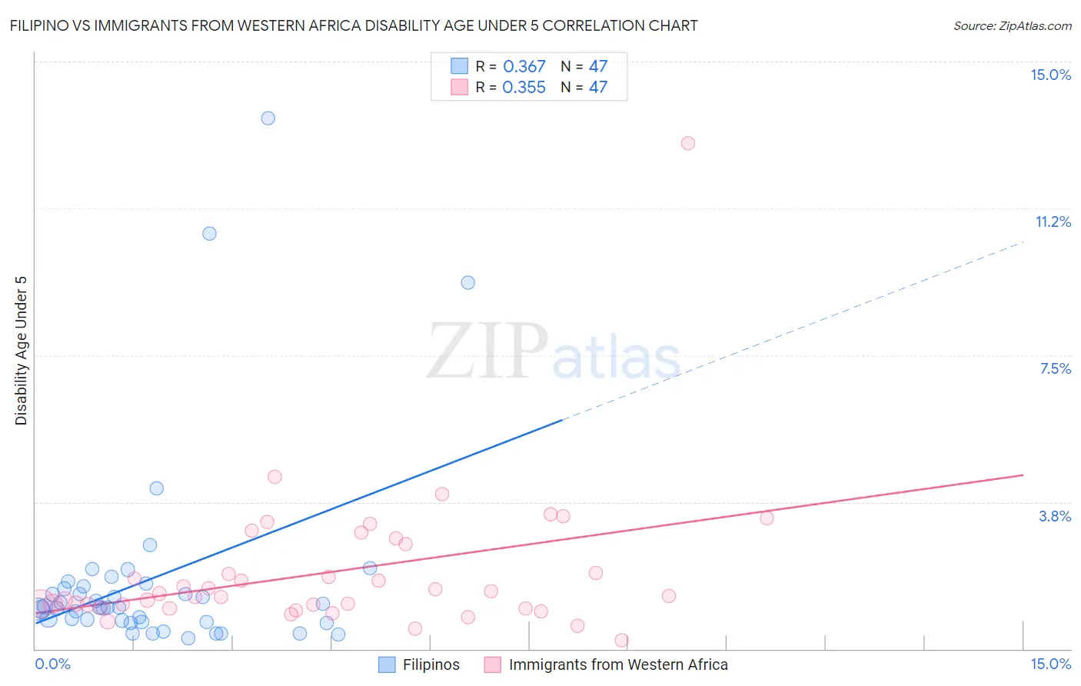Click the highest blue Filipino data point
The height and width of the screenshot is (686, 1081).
click(268, 118)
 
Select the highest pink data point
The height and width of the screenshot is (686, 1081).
click(688, 143)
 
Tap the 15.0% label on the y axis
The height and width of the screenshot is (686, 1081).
click(1050, 75)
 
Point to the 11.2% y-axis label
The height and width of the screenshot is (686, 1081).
click(1053, 221)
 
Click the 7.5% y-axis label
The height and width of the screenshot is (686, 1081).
click(1055, 368)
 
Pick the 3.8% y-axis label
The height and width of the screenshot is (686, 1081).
click(1055, 516)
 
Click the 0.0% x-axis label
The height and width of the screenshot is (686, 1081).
click(52, 664)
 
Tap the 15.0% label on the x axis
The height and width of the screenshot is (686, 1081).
click(1050, 664)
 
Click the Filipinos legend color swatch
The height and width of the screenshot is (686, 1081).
click(387, 664)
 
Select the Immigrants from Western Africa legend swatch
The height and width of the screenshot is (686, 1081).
click(492, 664)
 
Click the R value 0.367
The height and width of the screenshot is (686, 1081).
click(524, 67)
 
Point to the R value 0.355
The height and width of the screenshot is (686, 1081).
click(524, 88)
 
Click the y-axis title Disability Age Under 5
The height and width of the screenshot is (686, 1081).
click(22, 350)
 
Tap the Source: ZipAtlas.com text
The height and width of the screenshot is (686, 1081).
click(1012, 26)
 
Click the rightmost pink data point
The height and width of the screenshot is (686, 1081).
click(767, 518)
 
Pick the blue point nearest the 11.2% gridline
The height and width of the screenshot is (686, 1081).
click(209, 234)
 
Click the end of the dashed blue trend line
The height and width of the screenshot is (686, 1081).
click(1023, 242)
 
